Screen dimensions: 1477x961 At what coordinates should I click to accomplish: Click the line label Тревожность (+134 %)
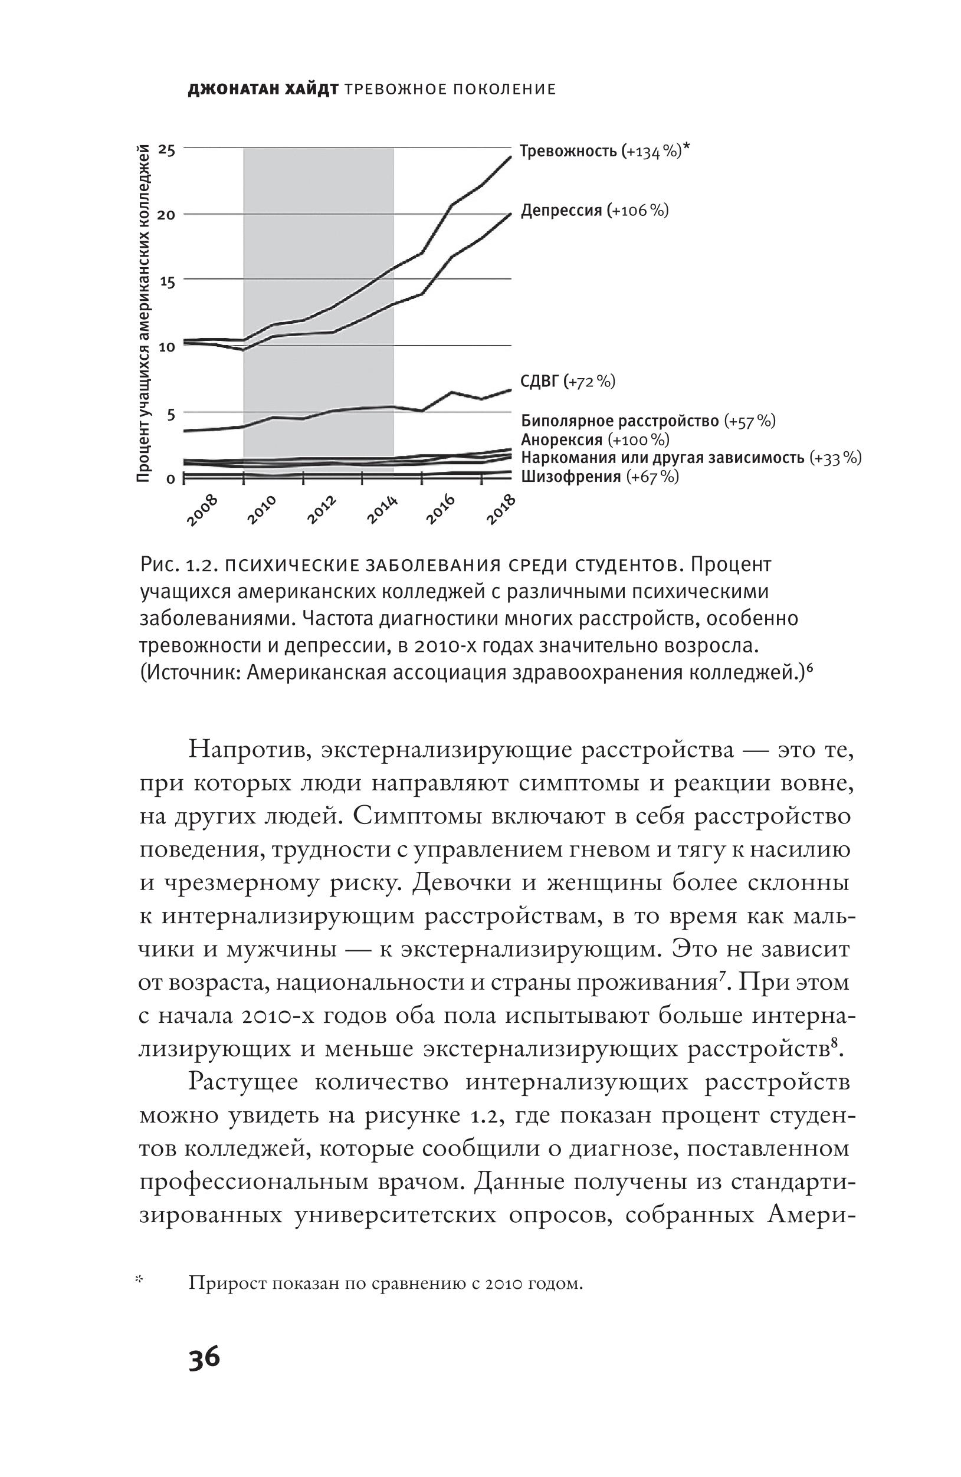pos(604,152)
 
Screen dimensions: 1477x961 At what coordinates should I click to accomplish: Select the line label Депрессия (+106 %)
pos(594,211)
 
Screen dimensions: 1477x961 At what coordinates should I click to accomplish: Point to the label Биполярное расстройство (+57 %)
pos(648,421)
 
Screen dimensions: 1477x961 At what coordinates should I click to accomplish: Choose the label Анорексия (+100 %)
pos(595,440)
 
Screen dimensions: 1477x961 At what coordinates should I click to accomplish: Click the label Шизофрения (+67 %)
pos(599,477)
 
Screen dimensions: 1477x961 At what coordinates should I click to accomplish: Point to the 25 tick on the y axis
pos(167,150)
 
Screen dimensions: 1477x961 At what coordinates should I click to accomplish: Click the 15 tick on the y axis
pos(167,281)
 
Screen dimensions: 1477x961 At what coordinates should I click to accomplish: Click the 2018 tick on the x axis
pos(501,510)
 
